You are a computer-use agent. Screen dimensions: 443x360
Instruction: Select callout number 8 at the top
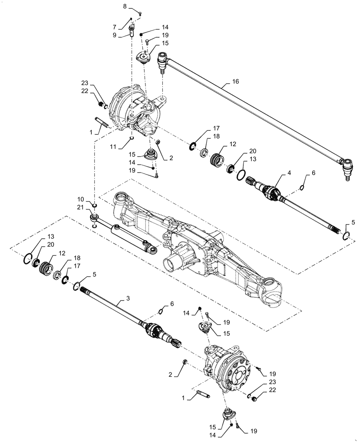(x=125, y=7)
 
